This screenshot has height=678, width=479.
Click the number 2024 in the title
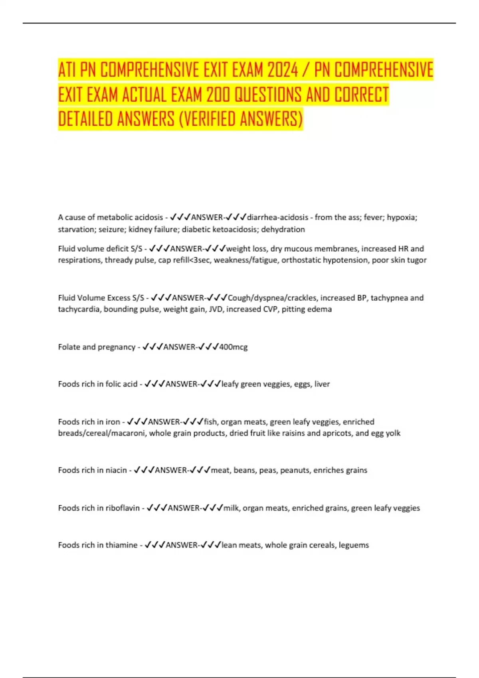coord(283,70)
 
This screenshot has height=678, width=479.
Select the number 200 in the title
coord(219,95)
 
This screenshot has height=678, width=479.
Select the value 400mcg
coord(234,347)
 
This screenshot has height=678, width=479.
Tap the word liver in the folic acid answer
coord(322,384)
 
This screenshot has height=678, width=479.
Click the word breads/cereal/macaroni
coord(102,433)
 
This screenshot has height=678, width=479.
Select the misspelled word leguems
coord(354,545)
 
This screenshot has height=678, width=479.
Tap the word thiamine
coord(121,545)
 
